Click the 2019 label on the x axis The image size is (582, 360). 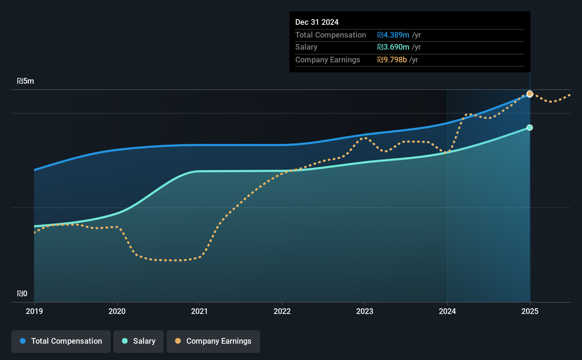click(x=34, y=311)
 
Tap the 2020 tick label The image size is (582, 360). click(x=117, y=311)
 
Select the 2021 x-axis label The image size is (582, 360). click(x=200, y=311)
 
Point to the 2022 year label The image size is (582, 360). click(x=282, y=311)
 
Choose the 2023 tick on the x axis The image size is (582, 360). click(x=365, y=311)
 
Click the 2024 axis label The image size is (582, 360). click(x=447, y=311)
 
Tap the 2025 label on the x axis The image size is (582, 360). click(x=530, y=311)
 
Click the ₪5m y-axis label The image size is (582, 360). click(x=26, y=81)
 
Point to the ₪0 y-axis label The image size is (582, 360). click(x=22, y=294)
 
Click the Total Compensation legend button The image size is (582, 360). click(x=61, y=341)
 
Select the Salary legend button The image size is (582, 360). click(x=139, y=341)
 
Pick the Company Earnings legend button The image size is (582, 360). click(x=213, y=341)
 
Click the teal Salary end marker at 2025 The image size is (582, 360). click(x=530, y=128)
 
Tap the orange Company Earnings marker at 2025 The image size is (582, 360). click(x=530, y=94)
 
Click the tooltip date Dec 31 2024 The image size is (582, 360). click(x=317, y=22)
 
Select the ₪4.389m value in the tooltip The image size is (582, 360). click(x=393, y=35)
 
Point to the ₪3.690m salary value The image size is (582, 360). click(x=393, y=47)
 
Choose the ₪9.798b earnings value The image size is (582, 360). click(x=392, y=60)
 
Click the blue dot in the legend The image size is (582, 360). click(x=23, y=341)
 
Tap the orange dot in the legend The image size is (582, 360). click(x=178, y=341)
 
